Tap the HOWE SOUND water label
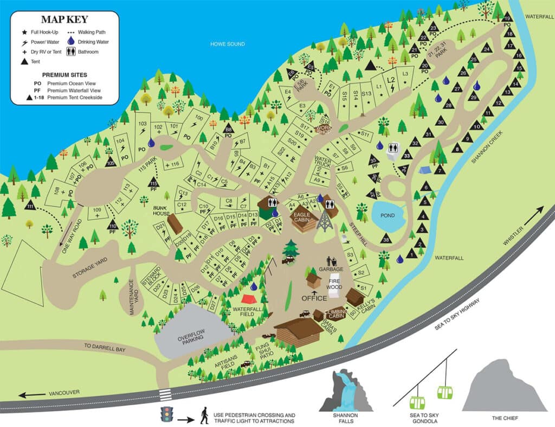click(228, 44)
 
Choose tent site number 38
click(386, 239)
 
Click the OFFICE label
click(314, 298)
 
